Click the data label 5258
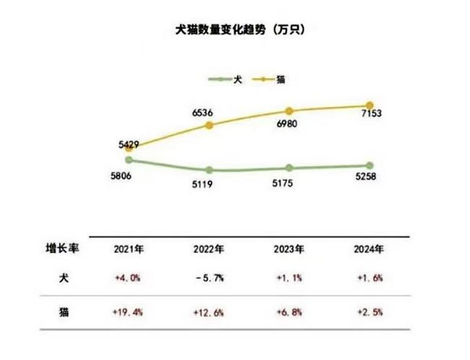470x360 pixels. coord(369,179)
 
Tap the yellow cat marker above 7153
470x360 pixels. coord(370,106)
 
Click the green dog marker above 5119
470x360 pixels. coord(210,170)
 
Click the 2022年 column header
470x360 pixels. coord(210,250)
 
